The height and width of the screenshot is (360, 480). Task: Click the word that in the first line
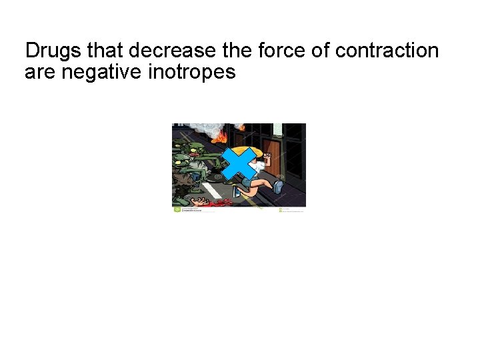(105, 51)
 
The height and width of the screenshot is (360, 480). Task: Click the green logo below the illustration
(177, 209)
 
